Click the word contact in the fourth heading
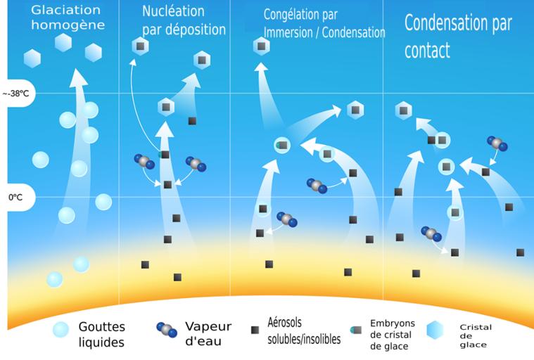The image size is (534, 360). pos(427,51)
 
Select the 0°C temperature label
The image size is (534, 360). pos(15,198)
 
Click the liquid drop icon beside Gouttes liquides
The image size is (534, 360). pos(61,329)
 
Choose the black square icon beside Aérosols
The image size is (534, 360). pos(255,329)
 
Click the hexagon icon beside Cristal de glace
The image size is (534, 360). pos(436,330)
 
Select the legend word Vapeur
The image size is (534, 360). pos(208,326)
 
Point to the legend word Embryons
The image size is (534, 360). pos(393,323)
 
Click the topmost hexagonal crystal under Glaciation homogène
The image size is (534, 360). pos(63,42)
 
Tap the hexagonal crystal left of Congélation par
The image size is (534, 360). pos(262,46)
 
